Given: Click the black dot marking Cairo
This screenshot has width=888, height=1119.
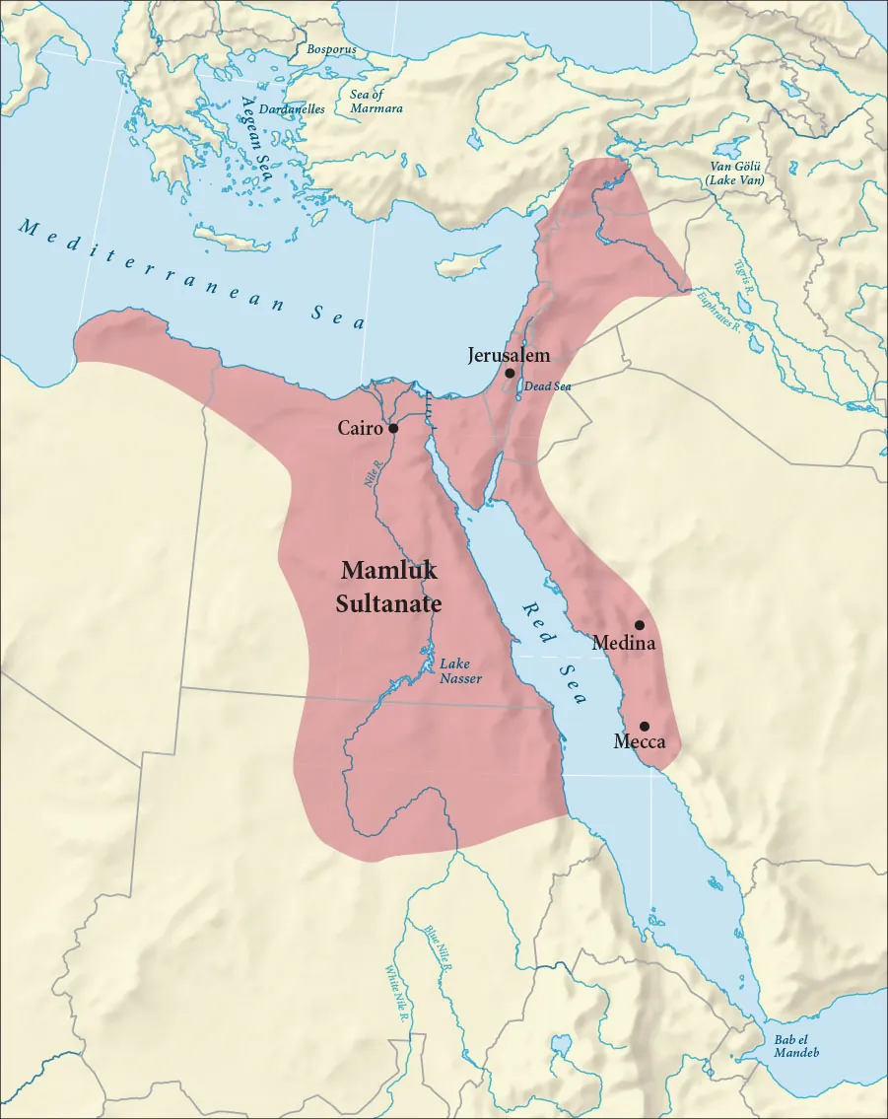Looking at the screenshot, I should [x=393, y=429].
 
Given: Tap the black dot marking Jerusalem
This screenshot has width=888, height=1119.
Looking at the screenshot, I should [x=510, y=374].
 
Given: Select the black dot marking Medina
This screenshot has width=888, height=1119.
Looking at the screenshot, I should [x=640, y=625].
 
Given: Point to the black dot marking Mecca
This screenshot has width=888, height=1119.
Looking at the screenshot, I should [x=645, y=726].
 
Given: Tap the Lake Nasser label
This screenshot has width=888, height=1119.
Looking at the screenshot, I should [x=460, y=670].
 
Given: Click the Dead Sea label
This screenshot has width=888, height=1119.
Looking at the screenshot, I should [x=547, y=386].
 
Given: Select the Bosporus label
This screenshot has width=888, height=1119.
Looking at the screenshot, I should [x=330, y=48].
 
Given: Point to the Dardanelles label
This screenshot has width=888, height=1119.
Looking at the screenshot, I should [x=292, y=109].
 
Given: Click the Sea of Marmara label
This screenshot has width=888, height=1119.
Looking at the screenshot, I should [x=376, y=101].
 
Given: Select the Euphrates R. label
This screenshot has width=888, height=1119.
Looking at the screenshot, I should [x=717, y=309].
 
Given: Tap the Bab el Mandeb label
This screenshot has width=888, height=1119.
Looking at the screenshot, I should [x=796, y=1046].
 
